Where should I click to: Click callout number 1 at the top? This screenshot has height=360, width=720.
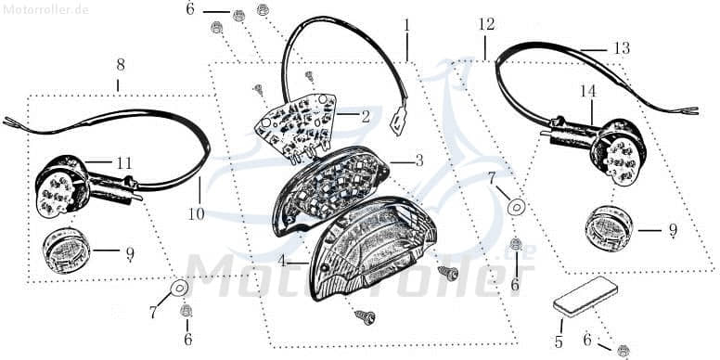pyautogui.click(x=406, y=23)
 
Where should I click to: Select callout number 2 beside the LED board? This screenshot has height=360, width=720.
pyautogui.click(x=366, y=117)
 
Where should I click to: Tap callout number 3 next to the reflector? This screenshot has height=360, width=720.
pyautogui.click(x=418, y=161)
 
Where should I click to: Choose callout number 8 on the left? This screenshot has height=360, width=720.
pyautogui.click(x=120, y=65)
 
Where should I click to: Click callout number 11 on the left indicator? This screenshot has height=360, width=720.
pyautogui.click(x=123, y=163)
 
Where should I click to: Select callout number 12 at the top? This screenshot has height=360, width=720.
pyautogui.click(x=487, y=23)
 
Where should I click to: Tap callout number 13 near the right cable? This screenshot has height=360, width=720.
pyautogui.click(x=621, y=48)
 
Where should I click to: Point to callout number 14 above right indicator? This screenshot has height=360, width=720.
pyautogui.click(x=587, y=92)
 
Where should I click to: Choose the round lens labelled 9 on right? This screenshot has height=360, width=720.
pyautogui.click(x=611, y=227)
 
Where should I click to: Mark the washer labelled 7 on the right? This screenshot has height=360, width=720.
pyautogui.click(x=517, y=205)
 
